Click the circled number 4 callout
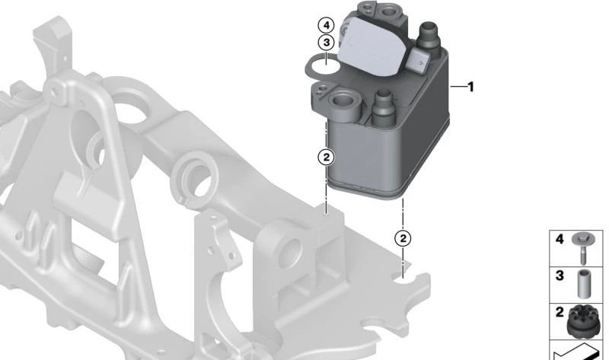[x=326, y=26]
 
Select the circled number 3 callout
[x=326, y=43]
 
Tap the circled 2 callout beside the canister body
[x=326, y=158]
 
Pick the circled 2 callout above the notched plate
[x=403, y=238]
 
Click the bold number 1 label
[x=471, y=87]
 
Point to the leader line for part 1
[x=458, y=87]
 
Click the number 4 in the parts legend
[x=560, y=239]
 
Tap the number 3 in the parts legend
[x=560, y=276]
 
